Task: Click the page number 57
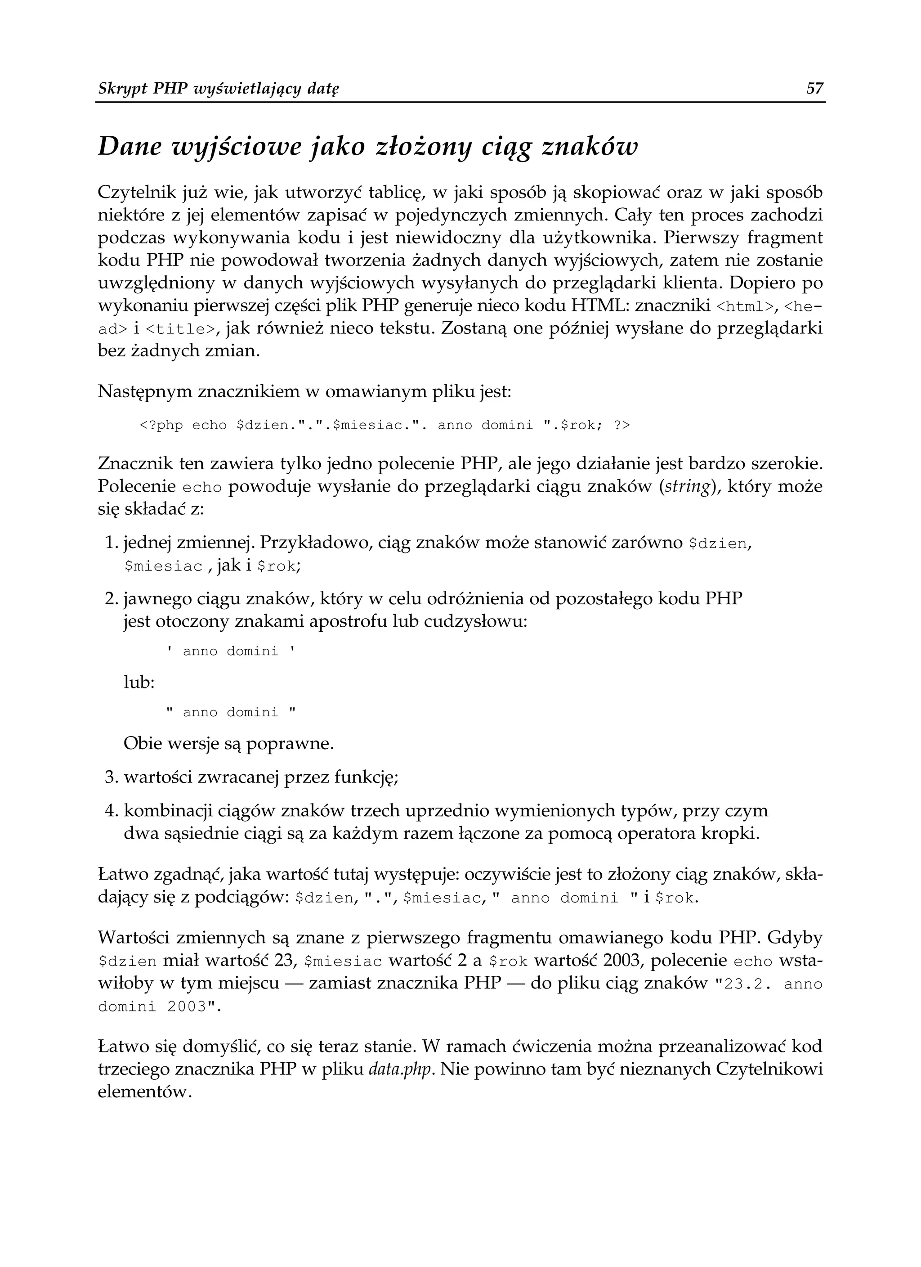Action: click(815, 88)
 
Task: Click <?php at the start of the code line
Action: click(161, 426)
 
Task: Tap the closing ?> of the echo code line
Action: click(621, 426)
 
